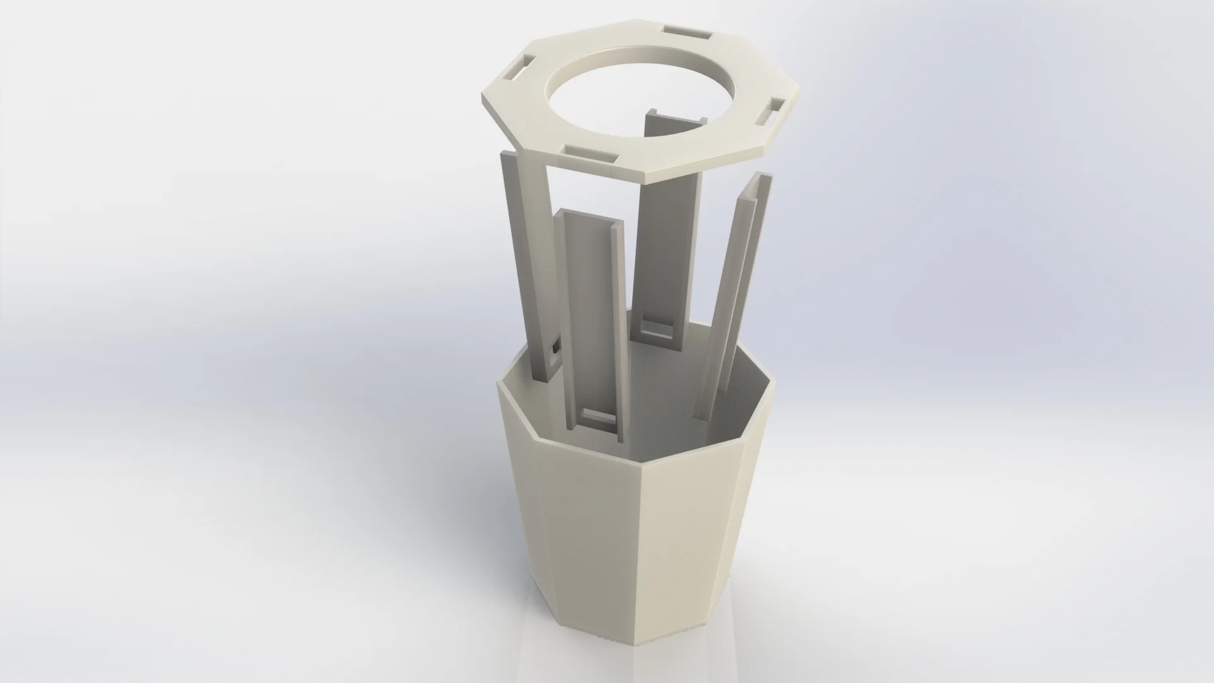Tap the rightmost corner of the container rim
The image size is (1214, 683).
[773, 380]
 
